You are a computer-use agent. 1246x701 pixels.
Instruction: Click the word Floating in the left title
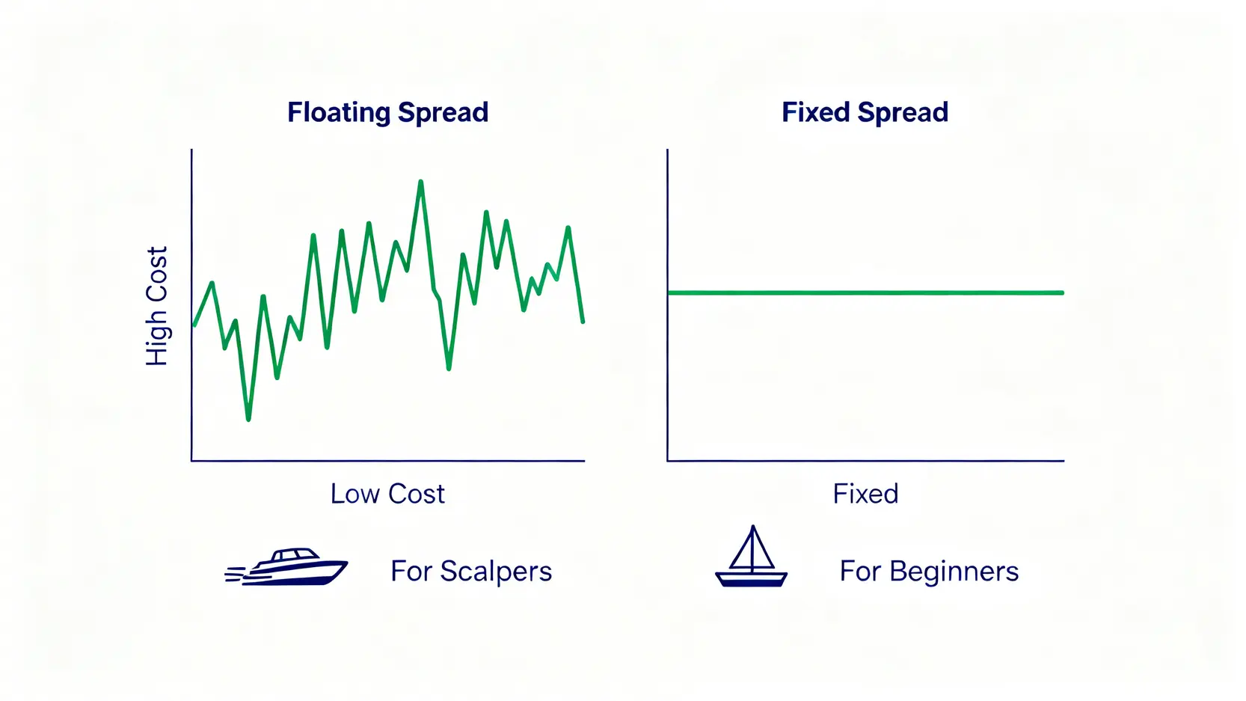click(x=339, y=113)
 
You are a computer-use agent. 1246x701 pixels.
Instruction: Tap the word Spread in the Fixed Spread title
click(x=902, y=113)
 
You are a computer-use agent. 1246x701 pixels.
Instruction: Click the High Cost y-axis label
click(x=156, y=306)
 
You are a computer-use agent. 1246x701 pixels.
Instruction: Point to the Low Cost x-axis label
click(x=387, y=494)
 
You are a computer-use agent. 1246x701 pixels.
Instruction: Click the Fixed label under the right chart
click(x=865, y=494)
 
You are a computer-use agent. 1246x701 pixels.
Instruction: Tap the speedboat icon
click(x=286, y=566)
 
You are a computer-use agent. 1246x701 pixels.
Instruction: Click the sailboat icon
click(x=752, y=556)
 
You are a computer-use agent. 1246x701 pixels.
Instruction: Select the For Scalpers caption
click(x=471, y=572)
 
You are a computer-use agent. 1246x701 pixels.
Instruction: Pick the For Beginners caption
click(x=929, y=572)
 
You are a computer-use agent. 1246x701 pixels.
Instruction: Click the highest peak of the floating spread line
click(x=420, y=181)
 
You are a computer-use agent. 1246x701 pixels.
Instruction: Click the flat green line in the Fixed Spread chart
click(x=865, y=293)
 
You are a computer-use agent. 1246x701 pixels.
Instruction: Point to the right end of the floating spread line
click(x=583, y=322)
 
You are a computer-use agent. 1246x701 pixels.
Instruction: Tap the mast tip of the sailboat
click(x=752, y=526)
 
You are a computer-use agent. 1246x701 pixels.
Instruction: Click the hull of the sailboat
click(x=752, y=580)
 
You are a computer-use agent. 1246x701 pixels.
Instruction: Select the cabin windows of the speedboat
click(x=295, y=554)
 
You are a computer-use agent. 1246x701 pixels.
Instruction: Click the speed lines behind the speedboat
click(x=236, y=574)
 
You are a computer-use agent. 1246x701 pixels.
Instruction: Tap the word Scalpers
click(x=496, y=572)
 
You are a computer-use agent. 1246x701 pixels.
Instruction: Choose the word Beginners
click(x=954, y=572)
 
